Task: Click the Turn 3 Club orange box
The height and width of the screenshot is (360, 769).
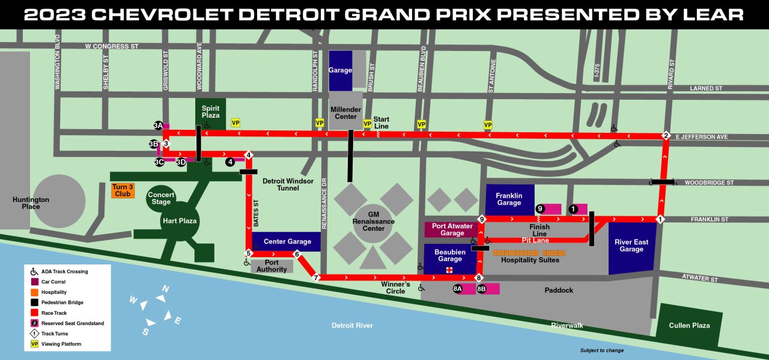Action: [x=123, y=191]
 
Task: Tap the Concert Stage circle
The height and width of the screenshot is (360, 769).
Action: [x=161, y=198]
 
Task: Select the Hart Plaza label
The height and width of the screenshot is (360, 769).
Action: [x=179, y=221]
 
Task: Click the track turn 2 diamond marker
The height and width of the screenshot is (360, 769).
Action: [x=666, y=135]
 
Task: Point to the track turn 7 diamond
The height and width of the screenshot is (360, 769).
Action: [x=316, y=278]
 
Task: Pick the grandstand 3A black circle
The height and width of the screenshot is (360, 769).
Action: [x=158, y=126]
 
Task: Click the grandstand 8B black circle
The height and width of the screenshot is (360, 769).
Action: [x=481, y=289]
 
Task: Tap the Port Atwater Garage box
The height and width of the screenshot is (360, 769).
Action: [x=452, y=230]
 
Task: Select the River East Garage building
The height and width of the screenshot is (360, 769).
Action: [x=631, y=246]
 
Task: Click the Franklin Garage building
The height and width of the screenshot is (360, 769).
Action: [x=509, y=199]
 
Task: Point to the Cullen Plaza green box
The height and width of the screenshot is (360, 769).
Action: [x=689, y=325]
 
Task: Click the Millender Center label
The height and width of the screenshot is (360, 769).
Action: [x=345, y=113]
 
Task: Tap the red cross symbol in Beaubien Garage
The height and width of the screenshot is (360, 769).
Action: [x=449, y=270]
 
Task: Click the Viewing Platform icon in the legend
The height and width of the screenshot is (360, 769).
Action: [x=34, y=344]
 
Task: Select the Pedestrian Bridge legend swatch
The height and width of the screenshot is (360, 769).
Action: [x=34, y=302]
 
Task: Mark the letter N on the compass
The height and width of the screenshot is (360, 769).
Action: [x=165, y=289]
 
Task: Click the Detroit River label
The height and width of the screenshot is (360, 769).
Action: [x=352, y=325]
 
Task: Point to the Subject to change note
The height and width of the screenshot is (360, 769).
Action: [x=601, y=350]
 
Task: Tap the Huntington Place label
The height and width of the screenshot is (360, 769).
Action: [x=31, y=203]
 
